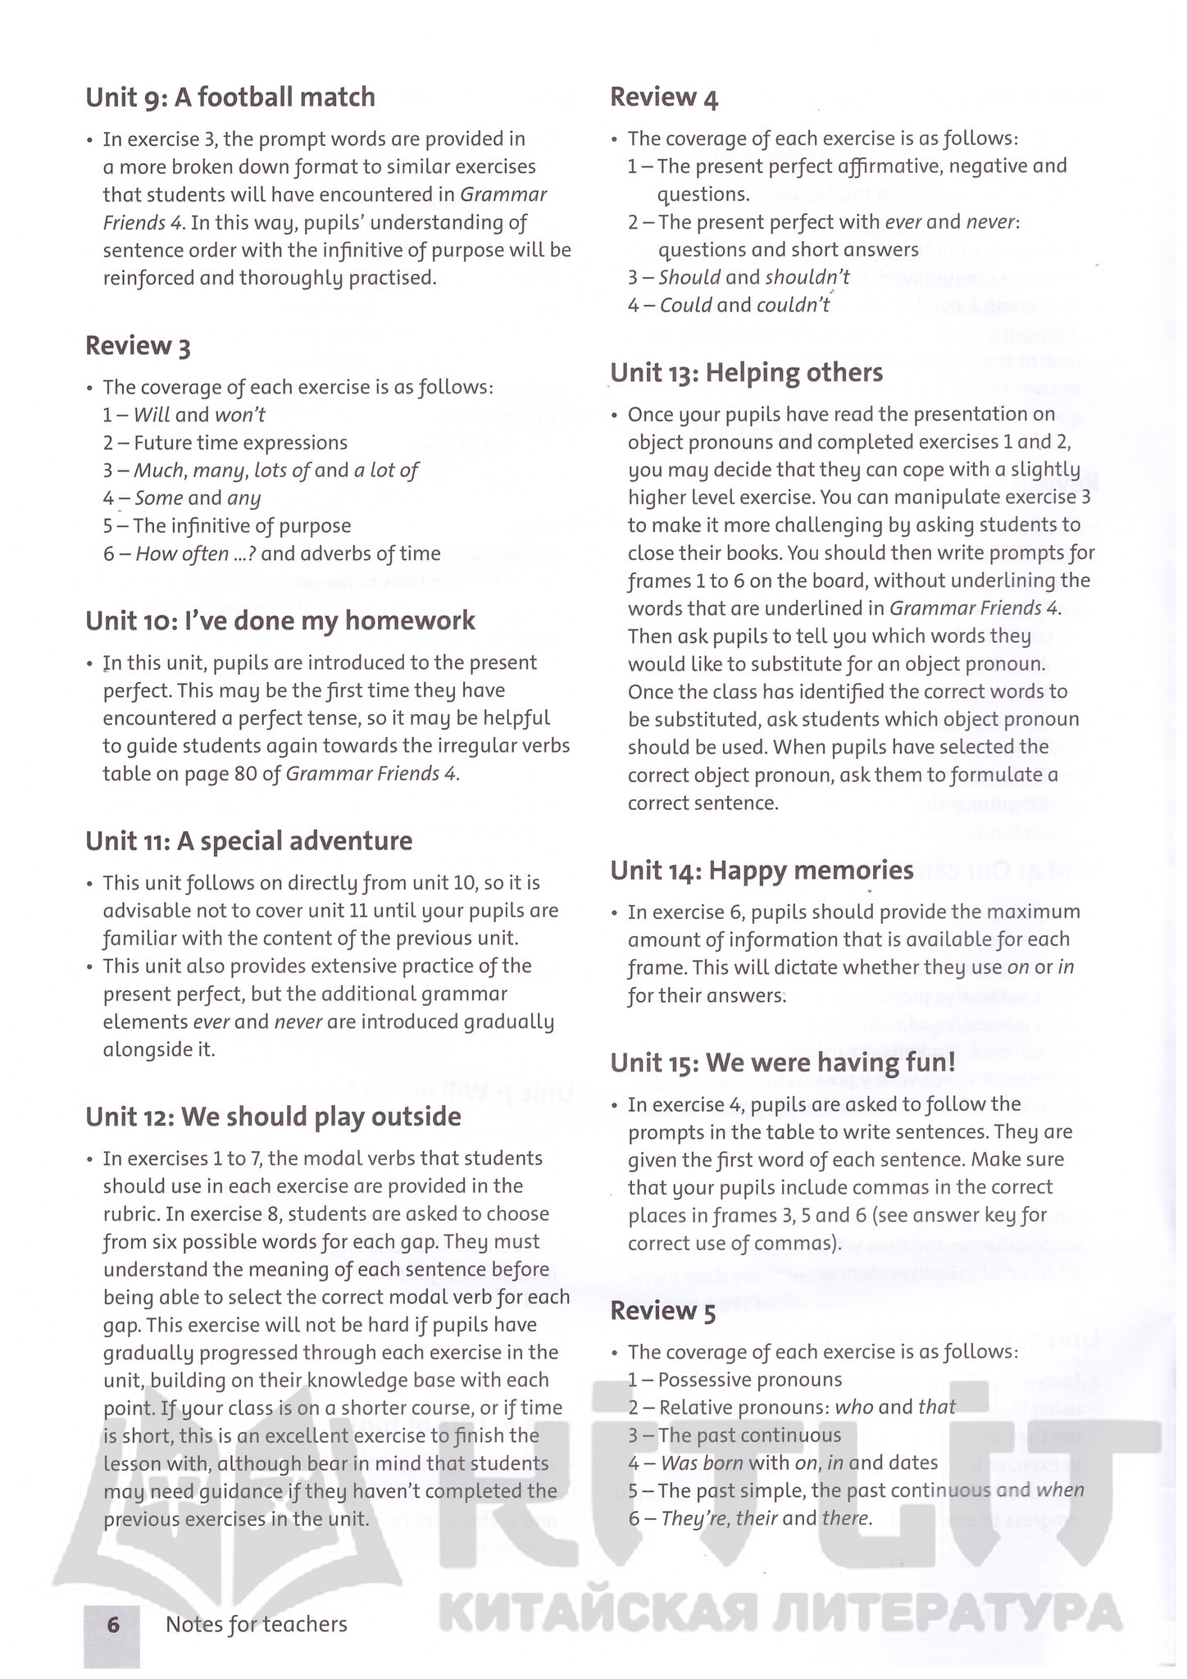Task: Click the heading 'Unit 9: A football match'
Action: click(x=230, y=98)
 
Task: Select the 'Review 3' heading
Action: click(x=138, y=347)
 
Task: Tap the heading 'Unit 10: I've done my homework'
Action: click(x=280, y=621)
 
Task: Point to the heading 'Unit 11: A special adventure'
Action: click(x=249, y=841)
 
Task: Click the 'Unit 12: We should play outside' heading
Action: click(x=273, y=1117)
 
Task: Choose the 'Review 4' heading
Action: click(x=664, y=98)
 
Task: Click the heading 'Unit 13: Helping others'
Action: click(x=746, y=373)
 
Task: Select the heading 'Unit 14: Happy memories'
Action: click(x=762, y=870)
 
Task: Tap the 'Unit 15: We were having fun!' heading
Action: click(x=783, y=1062)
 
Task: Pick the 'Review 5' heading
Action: click(x=662, y=1311)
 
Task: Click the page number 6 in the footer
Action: click(x=112, y=1624)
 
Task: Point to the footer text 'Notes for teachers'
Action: click(x=256, y=1624)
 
